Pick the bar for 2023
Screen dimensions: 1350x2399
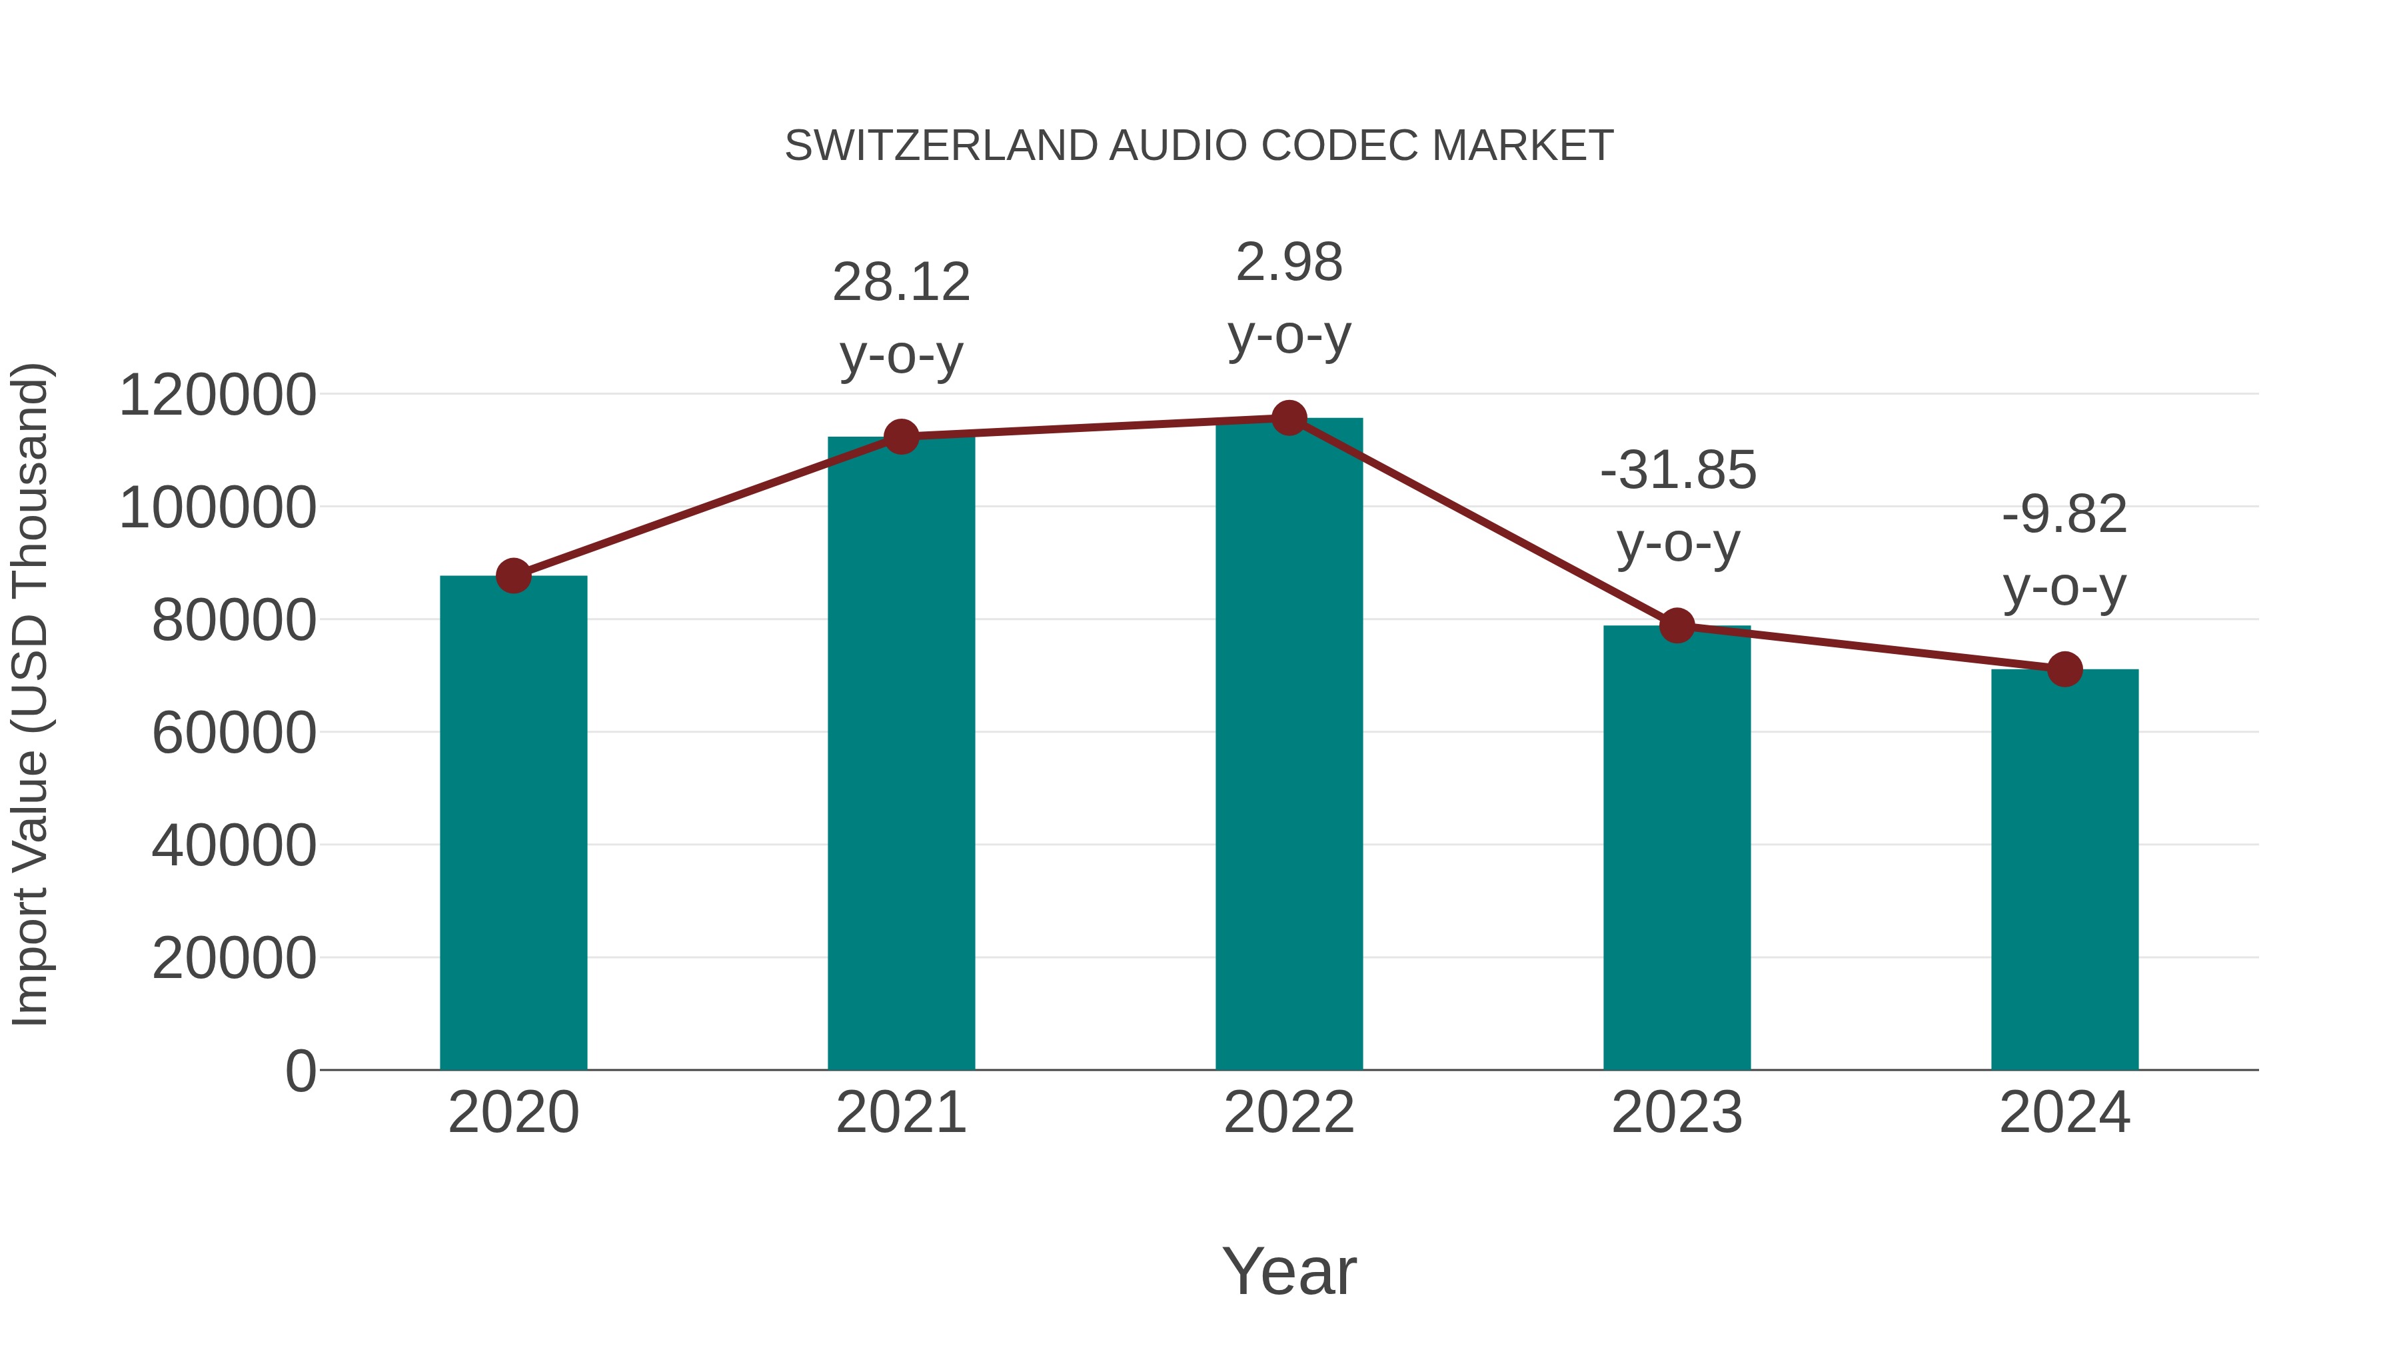pos(1677,848)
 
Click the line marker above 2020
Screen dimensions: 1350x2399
pos(513,576)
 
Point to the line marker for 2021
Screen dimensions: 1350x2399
pos(900,436)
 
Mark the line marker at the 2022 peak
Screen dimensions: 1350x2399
pos(1289,418)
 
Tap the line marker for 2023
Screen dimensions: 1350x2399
pos(1677,626)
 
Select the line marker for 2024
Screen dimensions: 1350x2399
pos(2064,669)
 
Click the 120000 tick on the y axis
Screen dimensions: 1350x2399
pos(218,395)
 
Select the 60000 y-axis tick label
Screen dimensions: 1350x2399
pos(234,733)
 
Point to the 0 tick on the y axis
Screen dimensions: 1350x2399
pos(300,1071)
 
